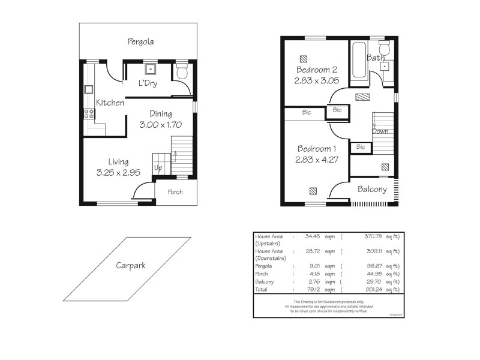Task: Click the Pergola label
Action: [x=140, y=42]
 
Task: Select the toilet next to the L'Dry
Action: [x=182, y=74]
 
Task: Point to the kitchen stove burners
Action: [x=89, y=113]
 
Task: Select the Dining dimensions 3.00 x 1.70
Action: [x=160, y=125]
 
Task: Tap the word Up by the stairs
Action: [x=158, y=168]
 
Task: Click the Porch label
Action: [x=175, y=192]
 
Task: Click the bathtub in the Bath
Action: [x=360, y=62]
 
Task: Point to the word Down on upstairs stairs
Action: [x=380, y=131]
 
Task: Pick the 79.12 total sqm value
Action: [x=313, y=290]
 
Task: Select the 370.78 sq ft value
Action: [x=377, y=236]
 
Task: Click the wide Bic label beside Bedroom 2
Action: [x=307, y=113]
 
